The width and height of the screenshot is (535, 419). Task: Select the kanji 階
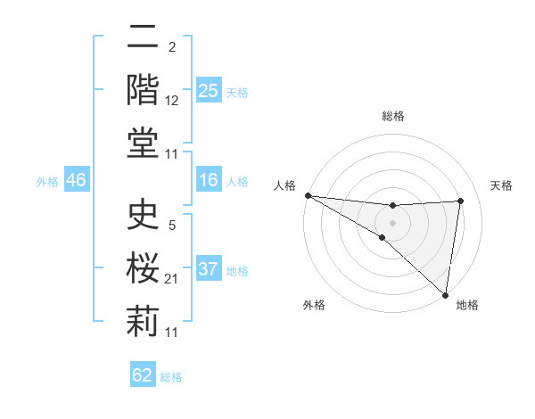tap(143, 89)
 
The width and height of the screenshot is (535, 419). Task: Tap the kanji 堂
tap(143, 142)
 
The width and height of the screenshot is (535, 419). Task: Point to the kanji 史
tap(143, 216)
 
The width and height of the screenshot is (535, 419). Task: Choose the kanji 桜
tap(143, 268)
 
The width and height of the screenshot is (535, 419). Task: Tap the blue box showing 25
tap(208, 91)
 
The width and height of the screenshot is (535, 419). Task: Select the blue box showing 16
tap(208, 181)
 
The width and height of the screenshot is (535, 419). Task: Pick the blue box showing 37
tap(208, 269)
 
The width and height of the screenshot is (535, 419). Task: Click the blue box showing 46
tap(76, 181)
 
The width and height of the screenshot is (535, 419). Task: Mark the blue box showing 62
tap(143, 375)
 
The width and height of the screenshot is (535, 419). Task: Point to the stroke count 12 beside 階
tap(172, 101)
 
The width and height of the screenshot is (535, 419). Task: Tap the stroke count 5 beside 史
tap(172, 226)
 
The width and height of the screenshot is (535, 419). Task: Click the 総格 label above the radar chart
tap(392, 116)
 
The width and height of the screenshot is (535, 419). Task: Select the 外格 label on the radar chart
tap(314, 305)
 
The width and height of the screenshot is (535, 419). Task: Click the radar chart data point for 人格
tap(308, 195)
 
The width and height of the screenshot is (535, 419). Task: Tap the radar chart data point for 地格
tap(444, 294)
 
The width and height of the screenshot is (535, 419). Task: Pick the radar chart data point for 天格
tap(460, 201)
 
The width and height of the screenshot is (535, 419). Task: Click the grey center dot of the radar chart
tap(392, 222)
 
